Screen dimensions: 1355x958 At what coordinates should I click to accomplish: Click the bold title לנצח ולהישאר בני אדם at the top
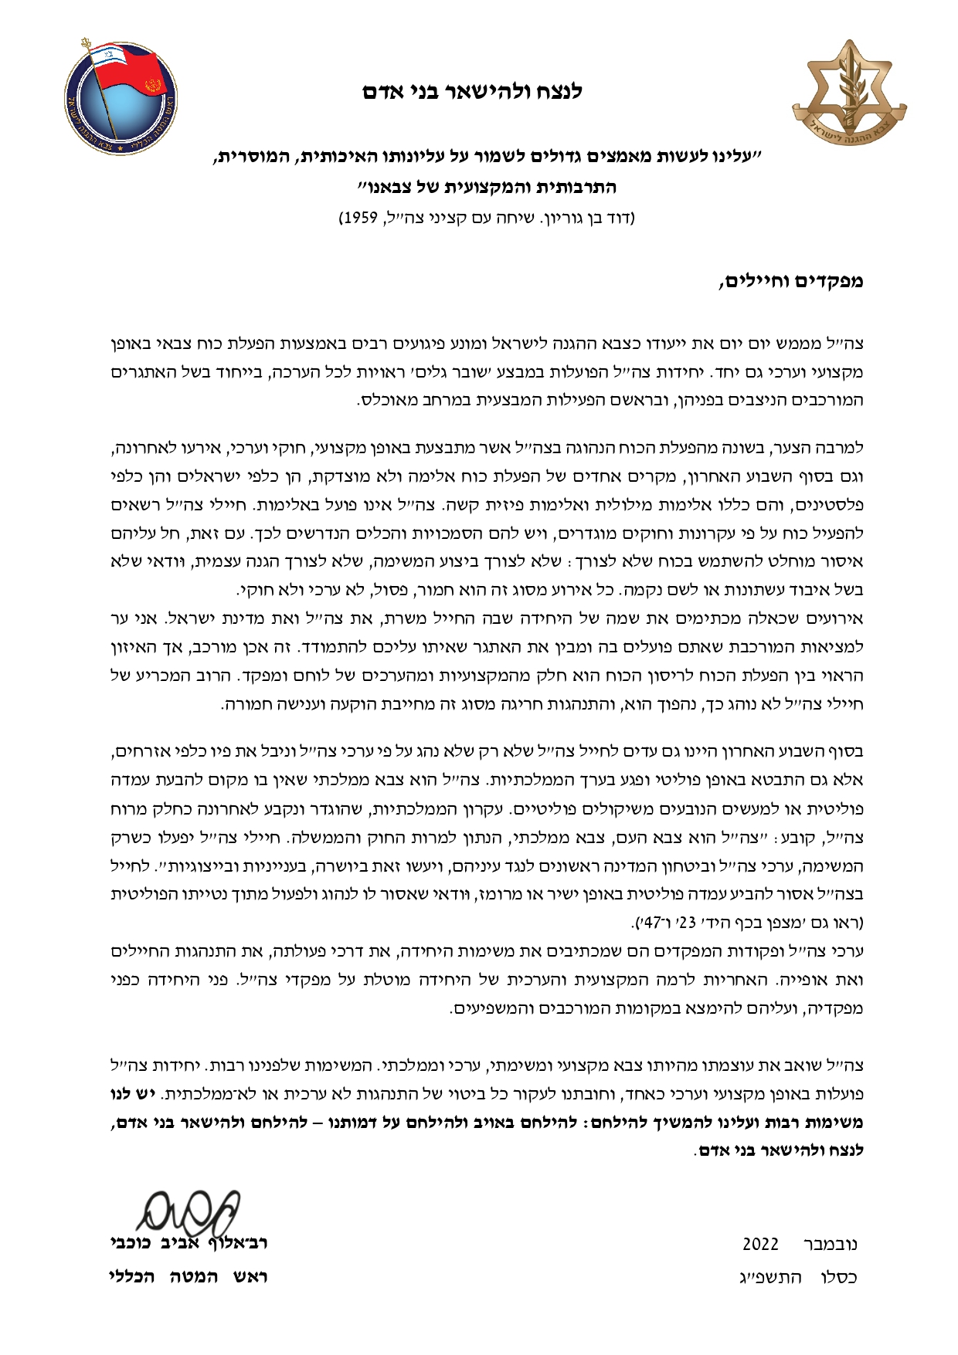(x=473, y=92)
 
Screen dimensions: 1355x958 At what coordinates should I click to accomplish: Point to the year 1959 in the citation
(x=359, y=218)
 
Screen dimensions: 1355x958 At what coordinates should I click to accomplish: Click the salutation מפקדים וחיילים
(x=791, y=281)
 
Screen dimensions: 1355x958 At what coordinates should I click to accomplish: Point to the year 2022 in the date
(x=760, y=1245)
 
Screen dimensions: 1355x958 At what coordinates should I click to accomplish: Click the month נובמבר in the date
(x=831, y=1245)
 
